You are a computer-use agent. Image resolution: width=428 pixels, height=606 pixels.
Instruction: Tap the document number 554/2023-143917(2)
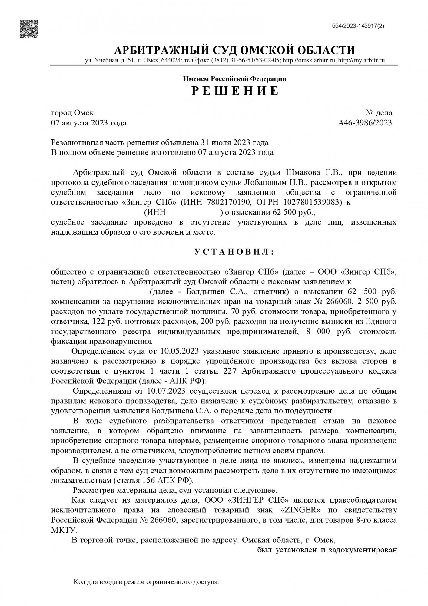click(358, 26)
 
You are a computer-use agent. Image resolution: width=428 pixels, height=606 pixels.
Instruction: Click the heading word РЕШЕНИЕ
click(235, 91)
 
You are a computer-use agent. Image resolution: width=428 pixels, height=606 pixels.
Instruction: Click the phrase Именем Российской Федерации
click(234, 79)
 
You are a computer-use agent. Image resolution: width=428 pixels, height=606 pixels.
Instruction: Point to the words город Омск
click(72, 113)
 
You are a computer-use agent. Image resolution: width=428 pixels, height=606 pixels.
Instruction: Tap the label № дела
click(379, 113)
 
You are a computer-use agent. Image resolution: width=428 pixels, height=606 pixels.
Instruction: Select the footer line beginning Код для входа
click(146, 582)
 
